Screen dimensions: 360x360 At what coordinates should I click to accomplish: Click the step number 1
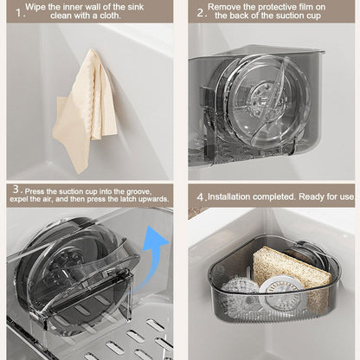pyautogui.click(x=19, y=13)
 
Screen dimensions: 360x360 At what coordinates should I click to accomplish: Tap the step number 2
pyautogui.click(x=201, y=13)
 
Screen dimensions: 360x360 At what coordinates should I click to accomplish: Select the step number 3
pyautogui.click(x=16, y=190)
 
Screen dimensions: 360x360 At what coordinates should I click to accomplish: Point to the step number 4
pyautogui.click(x=201, y=197)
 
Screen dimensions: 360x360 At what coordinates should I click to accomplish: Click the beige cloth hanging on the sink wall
pyautogui.click(x=85, y=110)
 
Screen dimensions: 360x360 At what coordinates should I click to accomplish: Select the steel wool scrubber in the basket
pyautogui.click(x=240, y=292)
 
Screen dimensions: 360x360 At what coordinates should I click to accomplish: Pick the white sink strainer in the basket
pyautogui.click(x=280, y=293)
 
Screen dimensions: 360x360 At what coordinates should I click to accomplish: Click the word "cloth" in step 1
pyautogui.click(x=109, y=16)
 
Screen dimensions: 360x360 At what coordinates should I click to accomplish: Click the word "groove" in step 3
pyautogui.click(x=138, y=191)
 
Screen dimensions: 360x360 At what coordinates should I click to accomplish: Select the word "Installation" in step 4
pyautogui.click(x=229, y=196)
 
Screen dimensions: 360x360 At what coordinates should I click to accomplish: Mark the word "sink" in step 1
pyautogui.click(x=136, y=7)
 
